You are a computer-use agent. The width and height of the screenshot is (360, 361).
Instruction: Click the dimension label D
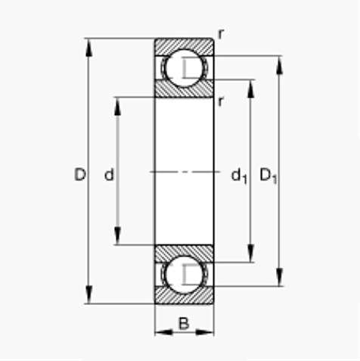(x=80, y=174)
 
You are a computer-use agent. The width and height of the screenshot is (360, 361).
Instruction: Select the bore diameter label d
(x=109, y=174)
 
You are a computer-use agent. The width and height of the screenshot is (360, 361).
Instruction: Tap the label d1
(x=239, y=176)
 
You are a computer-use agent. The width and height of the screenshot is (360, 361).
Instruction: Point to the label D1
(x=268, y=176)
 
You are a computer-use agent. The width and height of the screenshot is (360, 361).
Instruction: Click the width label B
(x=184, y=323)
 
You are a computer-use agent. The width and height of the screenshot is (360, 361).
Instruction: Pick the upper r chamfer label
(x=221, y=34)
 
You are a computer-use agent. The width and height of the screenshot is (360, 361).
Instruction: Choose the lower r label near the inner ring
(x=221, y=101)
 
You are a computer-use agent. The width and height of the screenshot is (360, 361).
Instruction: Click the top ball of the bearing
(x=184, y=68)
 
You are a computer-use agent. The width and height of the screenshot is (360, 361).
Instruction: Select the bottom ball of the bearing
(x=184, y=275)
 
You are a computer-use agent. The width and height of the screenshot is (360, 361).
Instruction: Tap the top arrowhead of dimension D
(x=88, y=48)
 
